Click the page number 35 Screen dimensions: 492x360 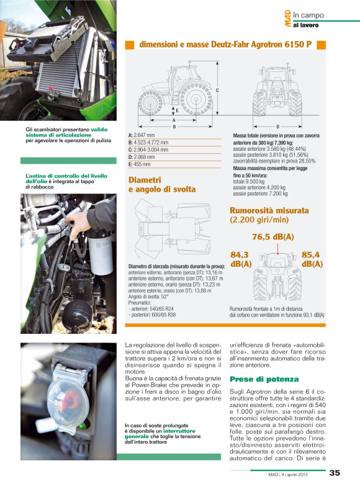(334, 473)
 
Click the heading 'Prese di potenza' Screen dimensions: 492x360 (255, 378)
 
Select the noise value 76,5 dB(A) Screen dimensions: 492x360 (272, 237)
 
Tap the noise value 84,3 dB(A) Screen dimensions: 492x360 (240, 259)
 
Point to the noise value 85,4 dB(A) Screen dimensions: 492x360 (312, 259)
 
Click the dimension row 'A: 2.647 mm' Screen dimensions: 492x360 (142, 135)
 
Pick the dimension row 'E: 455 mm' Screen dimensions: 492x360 (140, 164)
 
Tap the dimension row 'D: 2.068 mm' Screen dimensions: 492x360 (142, 157)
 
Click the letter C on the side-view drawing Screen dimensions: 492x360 (217, 91)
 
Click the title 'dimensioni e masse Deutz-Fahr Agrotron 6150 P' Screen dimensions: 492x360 (225, 45)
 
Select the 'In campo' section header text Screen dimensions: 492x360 (309, 15)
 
